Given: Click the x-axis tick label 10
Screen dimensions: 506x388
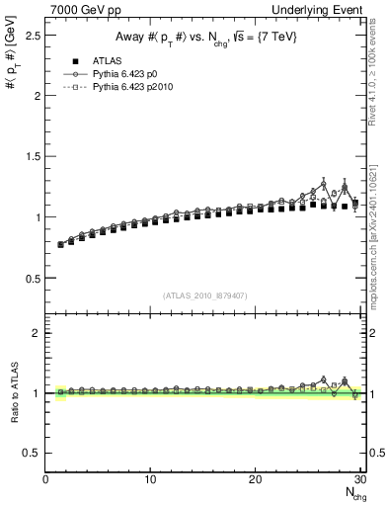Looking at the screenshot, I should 150,479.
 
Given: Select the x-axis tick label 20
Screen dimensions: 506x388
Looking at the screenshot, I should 255,479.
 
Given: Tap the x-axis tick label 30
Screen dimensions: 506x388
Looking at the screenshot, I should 359,479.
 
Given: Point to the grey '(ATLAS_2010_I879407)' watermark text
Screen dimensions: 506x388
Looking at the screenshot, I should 205,295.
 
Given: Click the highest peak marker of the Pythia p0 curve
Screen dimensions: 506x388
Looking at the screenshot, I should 324,184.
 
